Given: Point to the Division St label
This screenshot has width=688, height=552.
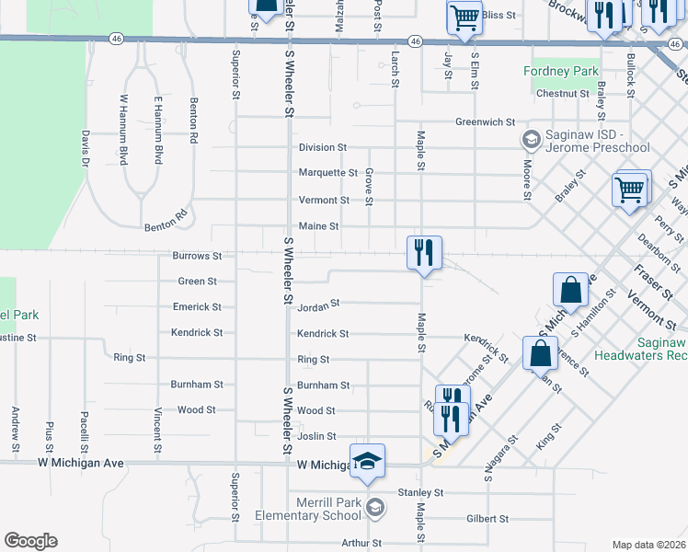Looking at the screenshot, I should (322, 147).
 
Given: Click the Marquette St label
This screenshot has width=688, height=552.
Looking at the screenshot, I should (327, 173).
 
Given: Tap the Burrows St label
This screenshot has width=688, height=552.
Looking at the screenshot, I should (198, 256).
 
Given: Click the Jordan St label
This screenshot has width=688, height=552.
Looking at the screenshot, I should (318, 302).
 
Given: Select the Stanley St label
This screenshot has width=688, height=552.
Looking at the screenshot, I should (421, 493).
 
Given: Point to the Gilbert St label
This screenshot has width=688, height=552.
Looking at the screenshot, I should (487, 519).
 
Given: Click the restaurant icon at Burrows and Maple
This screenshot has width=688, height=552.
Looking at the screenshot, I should (425, 252).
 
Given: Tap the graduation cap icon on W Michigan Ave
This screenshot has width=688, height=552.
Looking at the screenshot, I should (367, 462).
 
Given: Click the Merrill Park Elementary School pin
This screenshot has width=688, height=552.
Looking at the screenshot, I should (374, 507).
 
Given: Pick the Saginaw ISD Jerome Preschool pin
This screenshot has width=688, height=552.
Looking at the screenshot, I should (531, 140).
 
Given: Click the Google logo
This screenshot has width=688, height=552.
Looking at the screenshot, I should (30, 541).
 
